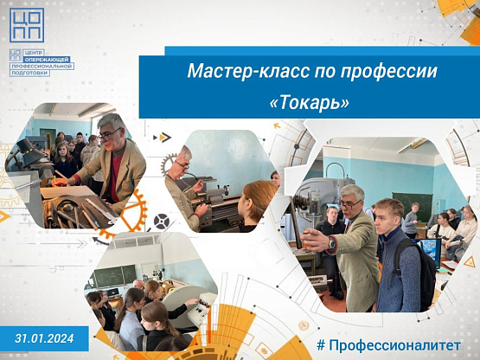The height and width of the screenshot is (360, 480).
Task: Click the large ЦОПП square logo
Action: (x=27, y=25)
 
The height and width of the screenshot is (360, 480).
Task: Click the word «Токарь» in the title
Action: (x=309, y=103)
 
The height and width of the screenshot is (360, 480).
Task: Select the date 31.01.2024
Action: (x=44, y=338)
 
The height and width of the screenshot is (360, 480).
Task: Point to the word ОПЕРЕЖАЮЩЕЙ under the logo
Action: (x=48, y=59)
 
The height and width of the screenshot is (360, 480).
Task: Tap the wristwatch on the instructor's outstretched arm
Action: (x=331, y=243)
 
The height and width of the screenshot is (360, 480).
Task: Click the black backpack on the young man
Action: (x=416, y=273)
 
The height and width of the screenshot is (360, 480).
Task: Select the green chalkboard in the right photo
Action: (x=413, y=207)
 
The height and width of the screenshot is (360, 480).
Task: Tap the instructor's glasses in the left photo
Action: (x=109, y=135)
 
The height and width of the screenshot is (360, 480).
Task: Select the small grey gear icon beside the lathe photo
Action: (x=168, y=164)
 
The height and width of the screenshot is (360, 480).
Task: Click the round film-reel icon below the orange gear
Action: (x=162, y=222)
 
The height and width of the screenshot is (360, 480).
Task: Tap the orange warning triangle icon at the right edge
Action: (x=469, y=262)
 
